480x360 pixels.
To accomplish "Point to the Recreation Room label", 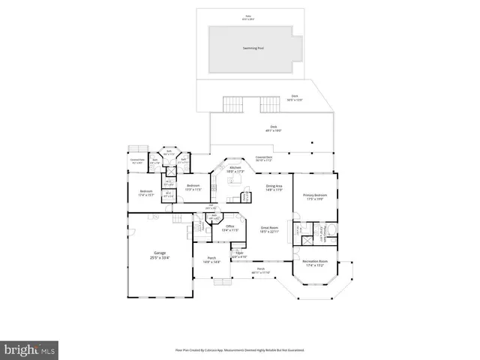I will click(316, 263).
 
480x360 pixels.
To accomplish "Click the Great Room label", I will click(270, 229).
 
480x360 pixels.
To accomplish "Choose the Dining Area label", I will click(274, 187).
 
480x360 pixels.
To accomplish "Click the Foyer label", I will click(240, 255).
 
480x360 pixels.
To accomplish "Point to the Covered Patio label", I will click(136, 161).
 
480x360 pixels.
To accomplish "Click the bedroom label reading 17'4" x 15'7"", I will click(145, 193).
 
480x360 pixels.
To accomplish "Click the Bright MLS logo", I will click(30, 349).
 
